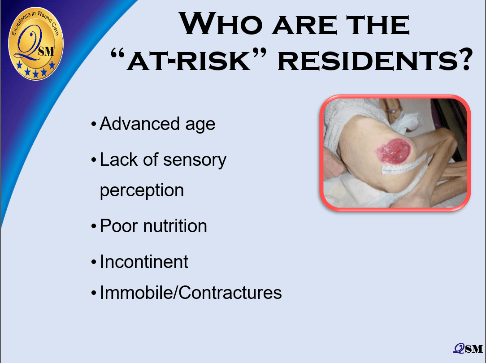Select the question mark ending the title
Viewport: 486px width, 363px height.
tap(464, 59)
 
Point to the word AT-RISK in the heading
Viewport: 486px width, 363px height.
tap(189, 60)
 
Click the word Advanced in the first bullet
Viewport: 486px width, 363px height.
tap(139, 124)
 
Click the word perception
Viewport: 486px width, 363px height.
tap(142, 190)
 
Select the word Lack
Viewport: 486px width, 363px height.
tap(119, 160)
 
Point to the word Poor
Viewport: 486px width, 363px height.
tap(119, 226)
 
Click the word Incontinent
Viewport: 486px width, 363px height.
tap(144, 262)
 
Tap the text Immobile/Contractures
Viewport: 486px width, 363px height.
tap(191, 292)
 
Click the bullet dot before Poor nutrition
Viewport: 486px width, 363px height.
tap(94, 227)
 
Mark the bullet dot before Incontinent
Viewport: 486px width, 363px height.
tap(94, 263)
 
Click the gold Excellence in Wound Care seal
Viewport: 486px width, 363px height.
tap(36, 43)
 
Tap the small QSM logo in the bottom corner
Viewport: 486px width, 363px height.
tap(468, 349)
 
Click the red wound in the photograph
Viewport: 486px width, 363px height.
tap(394, 152)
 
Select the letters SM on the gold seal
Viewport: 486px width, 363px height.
tap(46, 52)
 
